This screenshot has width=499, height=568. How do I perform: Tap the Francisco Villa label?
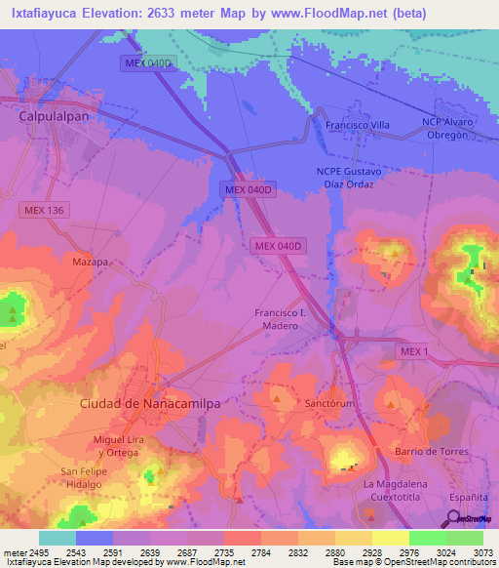coord(357,126)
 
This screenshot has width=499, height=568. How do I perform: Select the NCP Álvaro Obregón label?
coord(447,129)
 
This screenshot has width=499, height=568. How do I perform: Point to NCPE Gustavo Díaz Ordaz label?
coord(348,178)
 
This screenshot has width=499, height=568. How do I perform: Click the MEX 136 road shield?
coord(42,210)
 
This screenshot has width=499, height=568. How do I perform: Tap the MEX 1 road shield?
coord(412,351)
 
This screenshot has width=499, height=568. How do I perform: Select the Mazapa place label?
coord(90,263)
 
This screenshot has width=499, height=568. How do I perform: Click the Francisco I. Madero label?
coord(281,319)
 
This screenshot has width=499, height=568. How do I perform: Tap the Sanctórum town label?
coord(326,402)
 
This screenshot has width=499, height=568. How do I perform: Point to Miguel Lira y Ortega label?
coord(121,445)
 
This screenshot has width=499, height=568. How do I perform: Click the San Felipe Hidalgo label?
coord(82,478)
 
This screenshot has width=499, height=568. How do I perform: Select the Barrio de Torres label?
coord(431,452)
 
